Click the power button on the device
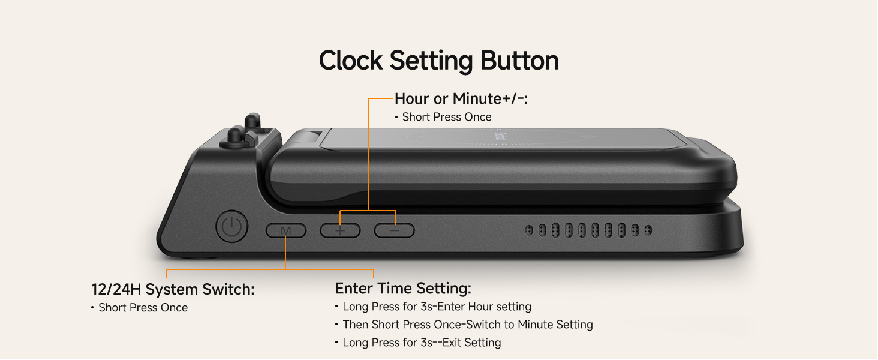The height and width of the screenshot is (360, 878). (x=231, y=226)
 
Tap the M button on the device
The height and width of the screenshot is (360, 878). (x=286, y=230)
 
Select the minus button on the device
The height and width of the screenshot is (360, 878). (x=394, y=230)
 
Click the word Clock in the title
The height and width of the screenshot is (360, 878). (x=351, y=61)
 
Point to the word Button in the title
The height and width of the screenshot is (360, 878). (x=520, y=61)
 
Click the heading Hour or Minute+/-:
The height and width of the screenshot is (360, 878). (x=461, y=99)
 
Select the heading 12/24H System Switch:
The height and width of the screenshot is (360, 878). (x=173, y=289)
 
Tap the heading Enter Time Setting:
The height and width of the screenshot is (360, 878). (x=403, y=288)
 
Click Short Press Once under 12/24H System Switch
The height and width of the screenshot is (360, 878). (x=143, y=308)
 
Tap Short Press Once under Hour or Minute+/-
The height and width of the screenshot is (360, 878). (x=447, y=117)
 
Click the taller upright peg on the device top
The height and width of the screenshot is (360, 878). (x=252, y=121)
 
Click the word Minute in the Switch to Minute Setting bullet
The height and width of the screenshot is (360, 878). (x=536, y=325)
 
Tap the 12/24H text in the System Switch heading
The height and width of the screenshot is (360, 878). (x=116, y=289)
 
